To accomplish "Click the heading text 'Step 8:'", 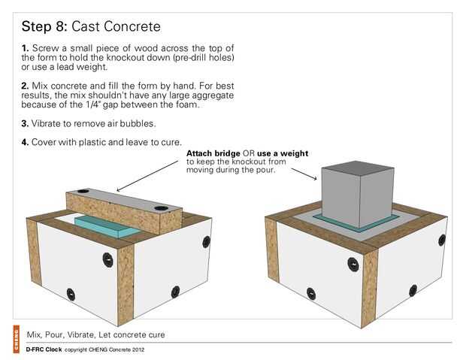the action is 44,26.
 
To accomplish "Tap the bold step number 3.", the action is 25,124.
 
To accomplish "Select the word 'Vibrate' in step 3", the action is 46,124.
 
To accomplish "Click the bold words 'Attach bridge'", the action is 213,153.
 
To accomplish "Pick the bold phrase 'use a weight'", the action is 283,153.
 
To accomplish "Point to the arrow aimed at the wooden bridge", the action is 148,176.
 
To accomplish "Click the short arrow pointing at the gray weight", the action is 304,174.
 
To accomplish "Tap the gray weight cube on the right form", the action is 358,195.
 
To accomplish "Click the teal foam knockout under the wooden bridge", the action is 104,226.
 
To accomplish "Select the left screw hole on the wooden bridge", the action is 83,191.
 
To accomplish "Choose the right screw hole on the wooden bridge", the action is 161,208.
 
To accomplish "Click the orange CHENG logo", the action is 16,340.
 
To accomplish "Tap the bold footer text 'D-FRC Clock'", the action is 44,349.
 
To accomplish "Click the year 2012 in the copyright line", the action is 138,350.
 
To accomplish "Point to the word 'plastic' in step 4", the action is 91,142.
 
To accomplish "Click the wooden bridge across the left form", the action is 124,210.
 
